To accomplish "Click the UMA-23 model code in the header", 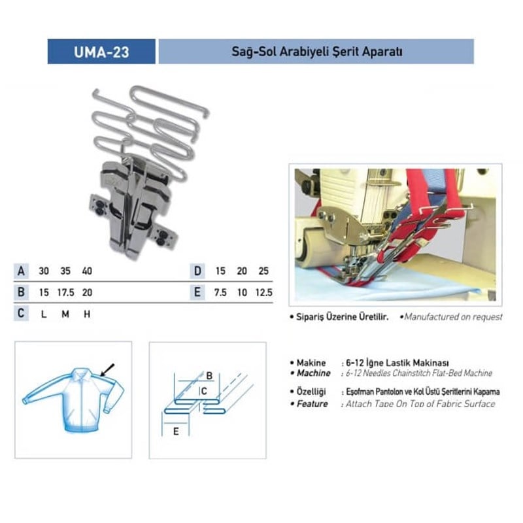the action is pyautogui.click(x=101, y=52).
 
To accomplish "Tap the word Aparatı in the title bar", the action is pyautogui.click(x=382, y=52).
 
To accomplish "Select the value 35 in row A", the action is pyautogui.click(x=65, y=271).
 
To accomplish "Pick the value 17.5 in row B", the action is pyautogui.click(x=66, y=292).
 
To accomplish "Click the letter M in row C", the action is pyautogui.click(x=65, y=314).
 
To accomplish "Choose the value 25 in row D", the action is pyautogui.click(x=263, y=271).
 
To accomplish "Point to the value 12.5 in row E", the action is pyautogui.click(x=264, y=292).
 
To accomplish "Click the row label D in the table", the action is pyautogui.click(x=197, y=271).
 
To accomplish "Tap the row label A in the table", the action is pyautogui.click(x=21, y=271).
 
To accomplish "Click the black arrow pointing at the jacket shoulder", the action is pyautogui.click(x=107, y=369).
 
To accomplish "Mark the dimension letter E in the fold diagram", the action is pyautogui.click(x=176, y=431).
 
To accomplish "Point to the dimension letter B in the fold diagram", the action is pyautogui.click(x=209, y=375).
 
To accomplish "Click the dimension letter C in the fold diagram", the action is pyautogui.click(x=204, y=391).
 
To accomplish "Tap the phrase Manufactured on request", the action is pyautogui.click(x=453, y=316).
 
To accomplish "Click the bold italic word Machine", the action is pyautogui.click(x=314, y=373).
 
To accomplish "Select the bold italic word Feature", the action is pyautogui.click(x=312, y=403).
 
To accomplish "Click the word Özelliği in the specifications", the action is pyautogui.click(x=311, y=392).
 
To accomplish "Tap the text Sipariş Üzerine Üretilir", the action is pyautogui.click(x=343, y=316).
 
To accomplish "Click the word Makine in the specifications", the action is pyautogui.click(x=311, y=363).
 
